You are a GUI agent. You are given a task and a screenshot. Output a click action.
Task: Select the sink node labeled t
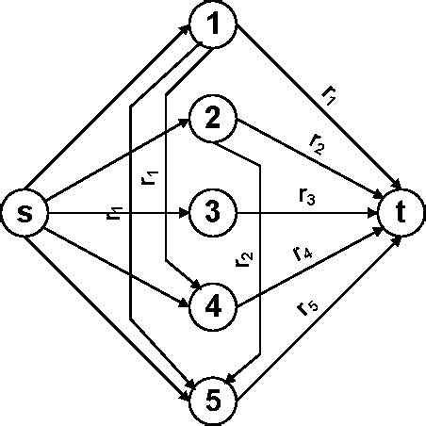pos(402,213)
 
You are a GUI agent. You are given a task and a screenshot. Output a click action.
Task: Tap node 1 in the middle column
pos(214,25)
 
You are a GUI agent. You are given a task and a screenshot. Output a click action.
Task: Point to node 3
pos(213,213)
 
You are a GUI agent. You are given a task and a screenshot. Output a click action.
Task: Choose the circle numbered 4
pos(213,306)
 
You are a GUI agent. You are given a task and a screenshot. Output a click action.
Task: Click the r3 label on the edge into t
pos(306,197)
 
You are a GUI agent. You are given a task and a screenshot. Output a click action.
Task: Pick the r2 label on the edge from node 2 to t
pos(318,144)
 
